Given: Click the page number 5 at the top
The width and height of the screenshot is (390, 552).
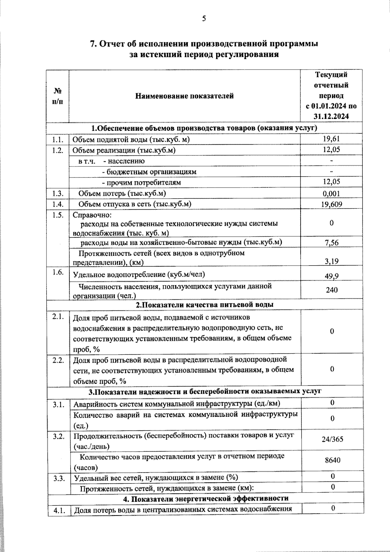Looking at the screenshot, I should [204, 19].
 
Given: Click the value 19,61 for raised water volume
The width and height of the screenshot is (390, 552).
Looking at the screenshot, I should [331, 139].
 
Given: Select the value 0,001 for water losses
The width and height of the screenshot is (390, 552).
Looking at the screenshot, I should [331, 194].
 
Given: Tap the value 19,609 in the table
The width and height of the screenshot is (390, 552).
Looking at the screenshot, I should [331, 204].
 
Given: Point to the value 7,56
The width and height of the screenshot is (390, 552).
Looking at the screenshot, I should [331, 243].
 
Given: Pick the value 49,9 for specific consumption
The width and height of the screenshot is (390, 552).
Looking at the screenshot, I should [331, 276].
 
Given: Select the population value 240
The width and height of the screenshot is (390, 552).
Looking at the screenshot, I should [331, 290].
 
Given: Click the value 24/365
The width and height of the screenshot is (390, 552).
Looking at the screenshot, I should [332, 440].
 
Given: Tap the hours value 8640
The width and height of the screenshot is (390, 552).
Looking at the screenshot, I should [332, 460].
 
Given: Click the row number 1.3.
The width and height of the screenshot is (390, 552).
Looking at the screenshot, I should [57, 194].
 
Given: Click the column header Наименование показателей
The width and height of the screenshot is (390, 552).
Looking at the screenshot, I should [184, 96].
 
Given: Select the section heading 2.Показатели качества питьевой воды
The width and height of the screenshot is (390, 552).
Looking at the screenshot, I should [204, 305].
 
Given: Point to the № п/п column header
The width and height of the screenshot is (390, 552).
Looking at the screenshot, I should [57, 96].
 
